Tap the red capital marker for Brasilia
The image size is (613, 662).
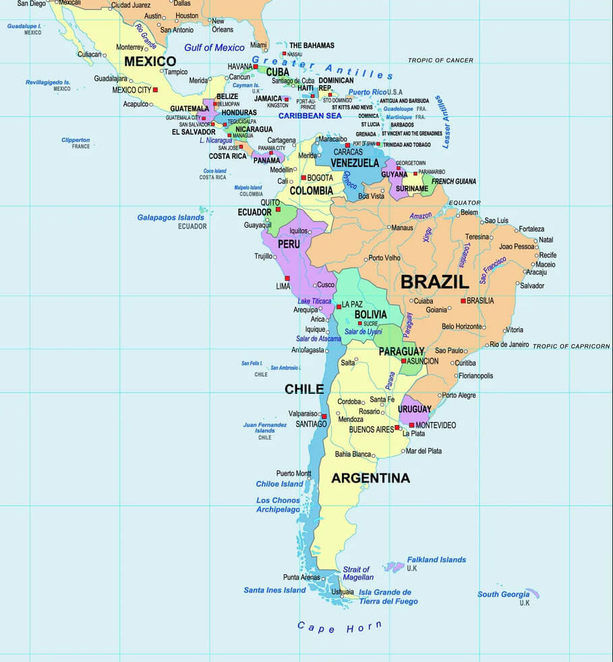click(463, 300)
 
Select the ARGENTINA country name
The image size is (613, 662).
click(370, 478)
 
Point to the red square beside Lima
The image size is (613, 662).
click(287, 277)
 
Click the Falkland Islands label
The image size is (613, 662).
click(436, 560)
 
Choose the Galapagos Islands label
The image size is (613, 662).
click(171, 218)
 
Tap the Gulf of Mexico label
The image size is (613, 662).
click(214, 48)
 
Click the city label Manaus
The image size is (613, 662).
click(402, 228)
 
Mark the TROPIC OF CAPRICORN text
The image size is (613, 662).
click(571, 346)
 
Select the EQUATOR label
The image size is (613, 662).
click(465, 202)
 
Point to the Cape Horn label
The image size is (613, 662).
click(339, 627)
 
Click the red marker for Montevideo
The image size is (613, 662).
click(411, 425)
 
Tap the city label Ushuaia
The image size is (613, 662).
click(343, 592)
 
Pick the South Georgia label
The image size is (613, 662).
click(503, 594)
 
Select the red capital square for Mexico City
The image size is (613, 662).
click(155, 90)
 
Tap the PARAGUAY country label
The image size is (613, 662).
click(401, 351)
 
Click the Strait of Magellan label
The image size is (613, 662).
click(357, 573)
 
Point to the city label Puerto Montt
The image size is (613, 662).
click(293, 473)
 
